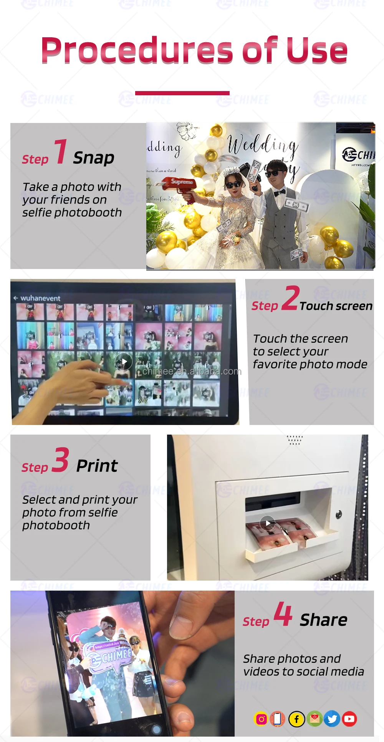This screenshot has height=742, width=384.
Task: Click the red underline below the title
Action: pos(182,93)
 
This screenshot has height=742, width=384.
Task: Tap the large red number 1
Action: pos(61,151)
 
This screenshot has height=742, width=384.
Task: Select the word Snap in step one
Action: pos(94,158)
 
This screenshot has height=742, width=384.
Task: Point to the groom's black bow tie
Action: pos(280,191)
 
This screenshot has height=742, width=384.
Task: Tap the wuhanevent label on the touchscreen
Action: pos(40,298)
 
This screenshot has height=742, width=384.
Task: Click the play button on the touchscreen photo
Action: pos(124,362)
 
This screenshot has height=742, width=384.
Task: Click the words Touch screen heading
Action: pos(336,306)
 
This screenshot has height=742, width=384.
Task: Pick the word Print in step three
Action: pos(97,466)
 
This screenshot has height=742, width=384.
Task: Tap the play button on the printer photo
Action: pos(268,523)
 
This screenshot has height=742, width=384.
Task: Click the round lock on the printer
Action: pos(339,514)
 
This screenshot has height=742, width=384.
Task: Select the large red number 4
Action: pos(283,614)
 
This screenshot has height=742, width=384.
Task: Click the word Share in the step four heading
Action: pos(324,620)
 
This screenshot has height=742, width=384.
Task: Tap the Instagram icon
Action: pos(262,719)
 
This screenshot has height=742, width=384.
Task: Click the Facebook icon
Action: pos(297,719)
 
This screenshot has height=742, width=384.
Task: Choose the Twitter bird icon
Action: pos(332,719)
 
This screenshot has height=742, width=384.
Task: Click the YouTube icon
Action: pos(349,719)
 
